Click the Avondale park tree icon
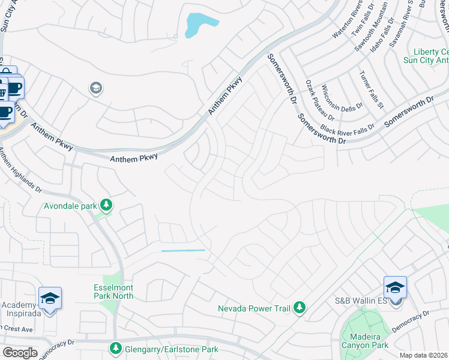(x=106, y=206)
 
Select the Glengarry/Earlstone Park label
(x=163, y=349)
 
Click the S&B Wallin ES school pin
(x=395, y=287)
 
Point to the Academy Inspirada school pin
(x=50, y=298)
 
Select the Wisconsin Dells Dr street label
(x=343, y=96)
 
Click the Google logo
(x=20, y=353)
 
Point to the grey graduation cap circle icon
(x=95, y=89)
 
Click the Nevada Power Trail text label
(x=255, y=309)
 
